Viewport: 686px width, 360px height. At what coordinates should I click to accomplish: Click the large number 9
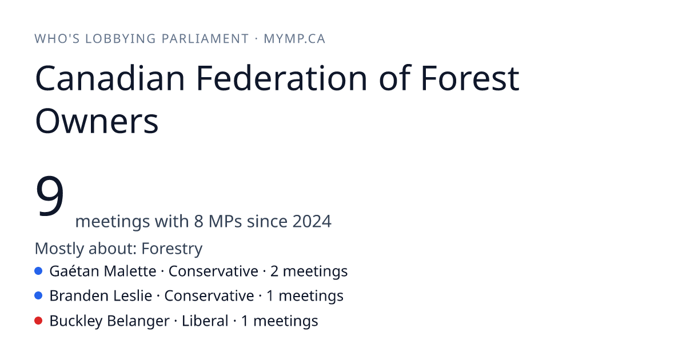coord(50,195)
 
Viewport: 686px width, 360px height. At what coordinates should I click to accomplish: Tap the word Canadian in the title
coord(110,78)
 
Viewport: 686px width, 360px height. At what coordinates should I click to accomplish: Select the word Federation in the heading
coord(281,78)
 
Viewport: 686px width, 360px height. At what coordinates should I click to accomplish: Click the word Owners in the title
coord(97,121)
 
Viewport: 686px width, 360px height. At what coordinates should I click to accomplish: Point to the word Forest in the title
coord(470,78)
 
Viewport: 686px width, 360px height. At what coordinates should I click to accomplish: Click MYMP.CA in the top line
coord(294,39)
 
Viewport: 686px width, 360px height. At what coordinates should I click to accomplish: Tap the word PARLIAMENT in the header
coord(205,39)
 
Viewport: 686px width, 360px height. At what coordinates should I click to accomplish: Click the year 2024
coord(312,221)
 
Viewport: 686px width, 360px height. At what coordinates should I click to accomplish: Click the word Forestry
coord(172,248)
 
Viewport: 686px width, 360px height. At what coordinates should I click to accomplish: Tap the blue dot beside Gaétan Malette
coord(38,271)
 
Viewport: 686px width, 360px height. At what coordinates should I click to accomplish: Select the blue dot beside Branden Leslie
coord(38,295)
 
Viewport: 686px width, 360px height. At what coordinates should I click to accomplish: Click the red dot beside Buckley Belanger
coord(38,321)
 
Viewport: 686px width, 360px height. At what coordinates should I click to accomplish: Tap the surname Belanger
coord(138,321)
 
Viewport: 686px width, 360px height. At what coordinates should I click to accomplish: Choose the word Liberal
coord(205,321)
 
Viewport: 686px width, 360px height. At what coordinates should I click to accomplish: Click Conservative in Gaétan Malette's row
coord(213,271)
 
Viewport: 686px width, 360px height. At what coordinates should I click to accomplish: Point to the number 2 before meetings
coord(274,271)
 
